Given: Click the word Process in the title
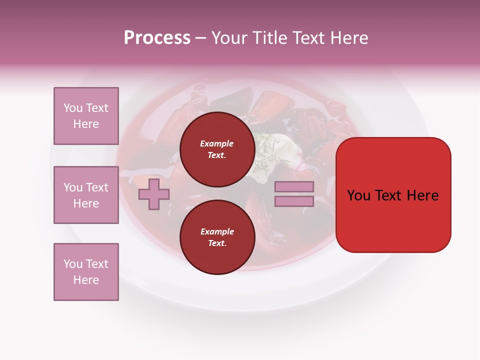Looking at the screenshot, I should click(157, 38).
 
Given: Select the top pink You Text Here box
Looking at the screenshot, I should click(86, 116).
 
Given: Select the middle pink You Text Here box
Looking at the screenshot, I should click(86, 195).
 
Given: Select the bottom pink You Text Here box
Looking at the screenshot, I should click(86, 272).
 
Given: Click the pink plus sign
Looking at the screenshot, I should click(154, 194).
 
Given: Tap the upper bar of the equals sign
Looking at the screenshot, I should click(294, 186).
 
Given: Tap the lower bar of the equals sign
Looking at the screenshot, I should click(294, 201).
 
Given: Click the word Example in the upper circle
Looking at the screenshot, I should click(217, 143).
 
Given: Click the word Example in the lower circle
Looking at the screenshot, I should click(217, 231).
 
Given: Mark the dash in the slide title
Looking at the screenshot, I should click(201, 38).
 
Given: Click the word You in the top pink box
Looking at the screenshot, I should click(72, 108).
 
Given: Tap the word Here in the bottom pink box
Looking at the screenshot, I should click(86, 280).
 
